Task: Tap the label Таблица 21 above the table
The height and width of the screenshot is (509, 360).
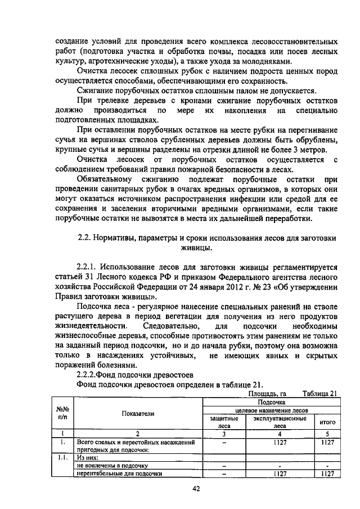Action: click(x=319, y=394)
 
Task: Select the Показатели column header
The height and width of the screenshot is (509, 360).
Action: click(x=137, y=413)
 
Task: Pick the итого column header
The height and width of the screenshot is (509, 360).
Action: click(x=327, y=422)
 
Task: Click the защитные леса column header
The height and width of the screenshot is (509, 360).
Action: click(x=224, y=422)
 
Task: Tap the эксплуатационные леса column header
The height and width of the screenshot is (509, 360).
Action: click(x=280, y=422)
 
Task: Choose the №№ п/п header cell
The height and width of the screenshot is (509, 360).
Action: click(x=62, y=413)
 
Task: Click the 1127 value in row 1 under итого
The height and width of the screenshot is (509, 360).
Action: click(x=327, y=443)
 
